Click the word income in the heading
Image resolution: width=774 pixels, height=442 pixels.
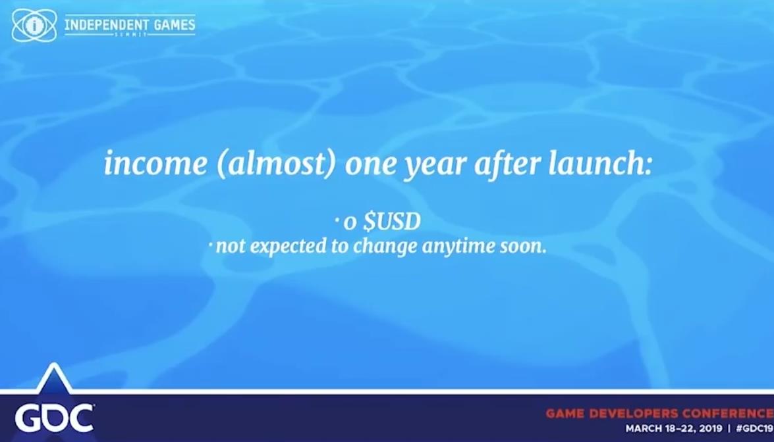155,163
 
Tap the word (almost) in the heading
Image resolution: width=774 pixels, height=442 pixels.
277,164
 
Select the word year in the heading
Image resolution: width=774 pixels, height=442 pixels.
435,166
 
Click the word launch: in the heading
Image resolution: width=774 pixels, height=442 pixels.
599,162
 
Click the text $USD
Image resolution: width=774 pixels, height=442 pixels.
391,221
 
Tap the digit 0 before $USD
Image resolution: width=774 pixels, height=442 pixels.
350,223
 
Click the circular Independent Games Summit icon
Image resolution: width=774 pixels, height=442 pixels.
34,26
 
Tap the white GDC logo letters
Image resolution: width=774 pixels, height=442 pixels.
54,418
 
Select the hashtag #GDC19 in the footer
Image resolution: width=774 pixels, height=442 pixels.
754,428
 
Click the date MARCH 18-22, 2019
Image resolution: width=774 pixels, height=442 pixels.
673,428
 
